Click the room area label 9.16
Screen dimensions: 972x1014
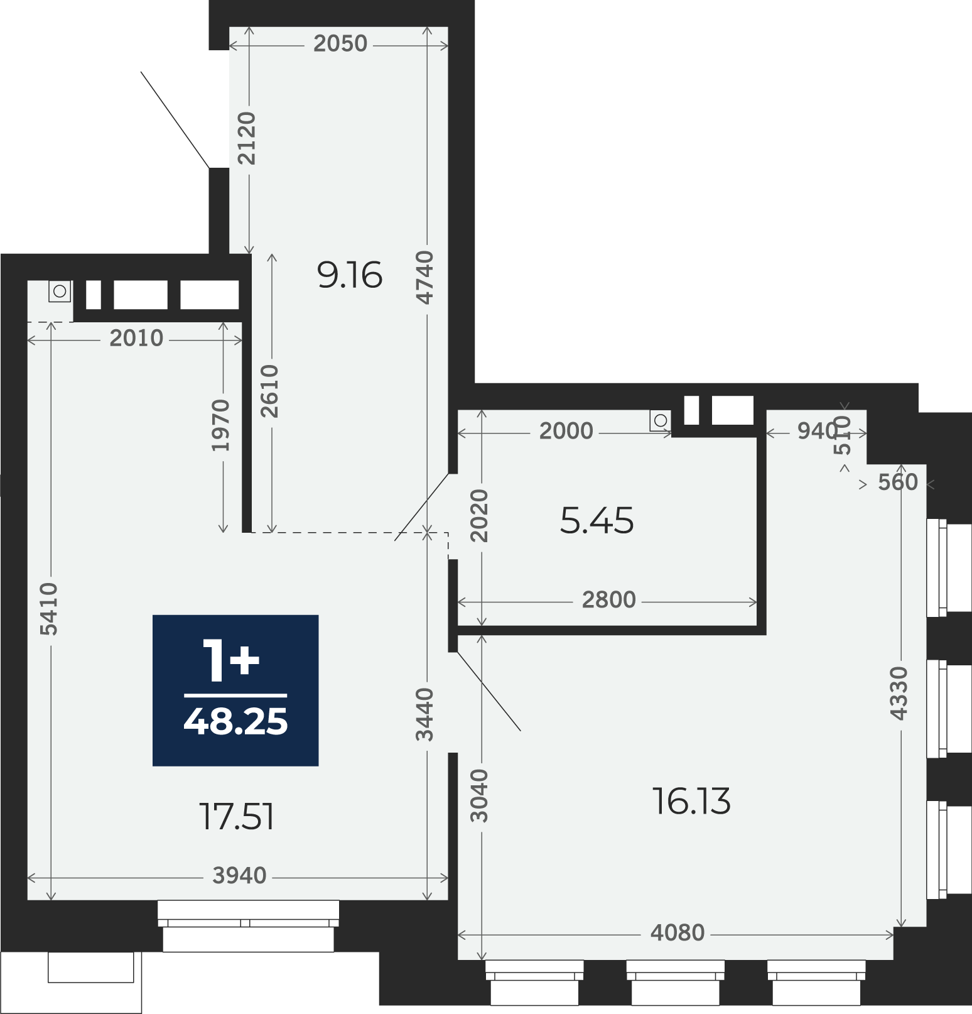tap(350, 275)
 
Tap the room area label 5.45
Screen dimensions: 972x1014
tap(597, 521)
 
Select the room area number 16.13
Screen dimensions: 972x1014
tap(691, 802)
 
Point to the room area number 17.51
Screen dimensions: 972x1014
tap(237, 817)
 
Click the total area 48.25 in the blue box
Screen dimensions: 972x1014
tap(235, 721)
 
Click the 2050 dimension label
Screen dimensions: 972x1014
tap(340, 43)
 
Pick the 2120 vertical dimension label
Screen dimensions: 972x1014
tap(247, 138)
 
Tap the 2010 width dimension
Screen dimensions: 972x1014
tap(136, 339)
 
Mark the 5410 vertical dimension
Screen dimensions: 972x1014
tap(48, 609)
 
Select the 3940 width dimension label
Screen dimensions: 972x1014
tap(240, 875)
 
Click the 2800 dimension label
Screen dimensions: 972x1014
tap(609, 600)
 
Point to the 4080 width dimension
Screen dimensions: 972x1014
tap(678, 933)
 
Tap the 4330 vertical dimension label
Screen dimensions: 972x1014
tap(899, 694)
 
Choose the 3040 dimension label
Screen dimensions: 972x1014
tap(479, 795)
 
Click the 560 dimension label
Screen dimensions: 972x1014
tap(898, 482)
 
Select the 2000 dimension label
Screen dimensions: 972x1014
tap(566, 431)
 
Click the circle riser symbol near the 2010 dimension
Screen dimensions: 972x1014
tap(60, 292)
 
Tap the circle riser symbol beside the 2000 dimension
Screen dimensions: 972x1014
tap(660, 420)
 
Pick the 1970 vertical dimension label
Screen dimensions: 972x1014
tap(220, 425)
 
